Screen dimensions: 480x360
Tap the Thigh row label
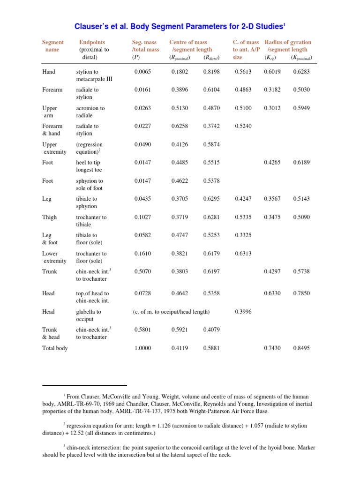coord(50,217)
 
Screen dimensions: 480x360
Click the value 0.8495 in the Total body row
coord(301,348)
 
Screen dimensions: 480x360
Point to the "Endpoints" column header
coord(92,42)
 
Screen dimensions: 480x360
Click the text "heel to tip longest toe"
coord(89,166)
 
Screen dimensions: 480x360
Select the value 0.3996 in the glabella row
coord(243,312)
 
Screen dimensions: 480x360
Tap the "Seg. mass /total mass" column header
coord(146,46)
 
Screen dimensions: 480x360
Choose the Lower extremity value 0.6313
coord(243,254)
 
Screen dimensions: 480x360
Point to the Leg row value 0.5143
coord(301,199)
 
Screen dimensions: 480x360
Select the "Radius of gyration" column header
coord(288,42)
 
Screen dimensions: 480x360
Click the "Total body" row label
coord(55,348)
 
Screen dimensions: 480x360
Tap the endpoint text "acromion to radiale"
coord(90,112)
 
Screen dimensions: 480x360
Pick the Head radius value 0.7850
coord(301,293)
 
